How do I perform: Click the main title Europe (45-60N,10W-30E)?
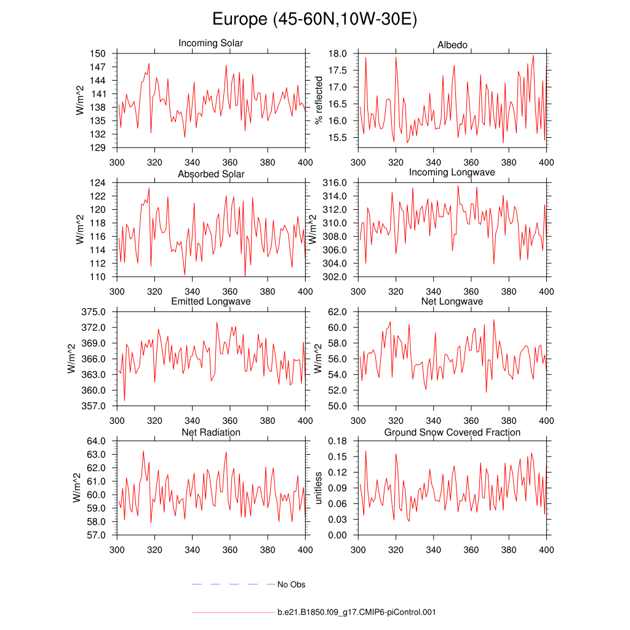click(314, 19)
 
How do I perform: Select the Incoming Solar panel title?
click(210, 44)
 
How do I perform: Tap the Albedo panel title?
click(452, 46)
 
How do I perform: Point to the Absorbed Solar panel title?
click(211, 174)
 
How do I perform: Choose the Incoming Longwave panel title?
click(452, 172)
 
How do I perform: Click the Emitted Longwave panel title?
click(211, 301)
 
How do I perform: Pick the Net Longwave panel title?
click(452, 301)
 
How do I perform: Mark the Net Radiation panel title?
click(211, 433)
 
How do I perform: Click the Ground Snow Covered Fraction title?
click(452, 433)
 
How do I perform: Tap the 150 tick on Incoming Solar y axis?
click(99, 54)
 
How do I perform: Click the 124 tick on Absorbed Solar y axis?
click(99, 183)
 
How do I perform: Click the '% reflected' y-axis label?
click(319, 100)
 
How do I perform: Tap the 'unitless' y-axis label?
click(319, 487)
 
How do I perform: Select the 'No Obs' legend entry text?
click(291, 584)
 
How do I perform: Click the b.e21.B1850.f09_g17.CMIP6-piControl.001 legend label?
click(357, 613)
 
